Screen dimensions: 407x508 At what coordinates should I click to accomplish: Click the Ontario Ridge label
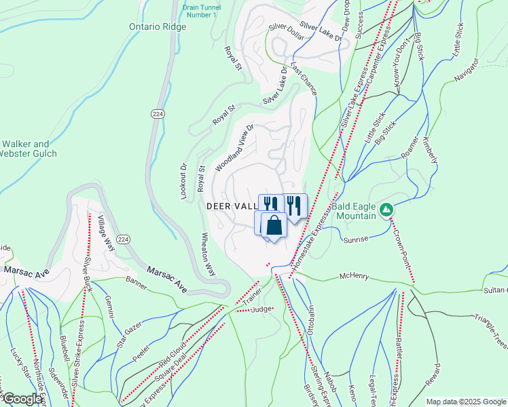(157, 27)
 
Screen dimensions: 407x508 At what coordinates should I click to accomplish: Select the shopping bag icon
(273, 225)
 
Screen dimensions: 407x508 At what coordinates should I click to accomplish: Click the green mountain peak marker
(386, 210)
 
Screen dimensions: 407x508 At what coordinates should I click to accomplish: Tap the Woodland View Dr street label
(234, 148)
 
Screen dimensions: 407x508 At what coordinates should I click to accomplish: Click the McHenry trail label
(357, 277)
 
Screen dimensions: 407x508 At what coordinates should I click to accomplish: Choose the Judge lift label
(261, 309)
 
